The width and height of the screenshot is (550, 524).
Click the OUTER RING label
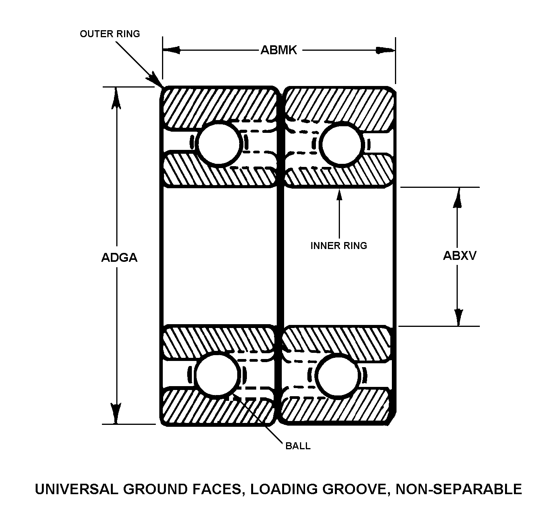tap(110, 34)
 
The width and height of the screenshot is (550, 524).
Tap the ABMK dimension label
tap(279, 50)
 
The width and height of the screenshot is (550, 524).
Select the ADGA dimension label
tap(119, 257)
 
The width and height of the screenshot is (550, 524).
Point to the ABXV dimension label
tap(459, 256)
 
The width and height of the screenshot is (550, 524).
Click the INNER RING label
tap(339, 246)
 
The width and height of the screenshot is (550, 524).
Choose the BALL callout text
tap(298, 446)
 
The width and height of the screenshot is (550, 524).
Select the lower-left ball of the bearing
tap(217, 375)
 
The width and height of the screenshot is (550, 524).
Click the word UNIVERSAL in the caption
tap(76, 489)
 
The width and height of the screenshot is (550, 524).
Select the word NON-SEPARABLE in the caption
tap(459, 489)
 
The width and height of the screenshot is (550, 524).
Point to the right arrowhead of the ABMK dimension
tap(386, 50)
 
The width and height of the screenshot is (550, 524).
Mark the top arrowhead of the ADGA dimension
tap(116, 98)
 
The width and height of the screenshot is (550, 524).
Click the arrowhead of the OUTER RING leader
tap(156, 79)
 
